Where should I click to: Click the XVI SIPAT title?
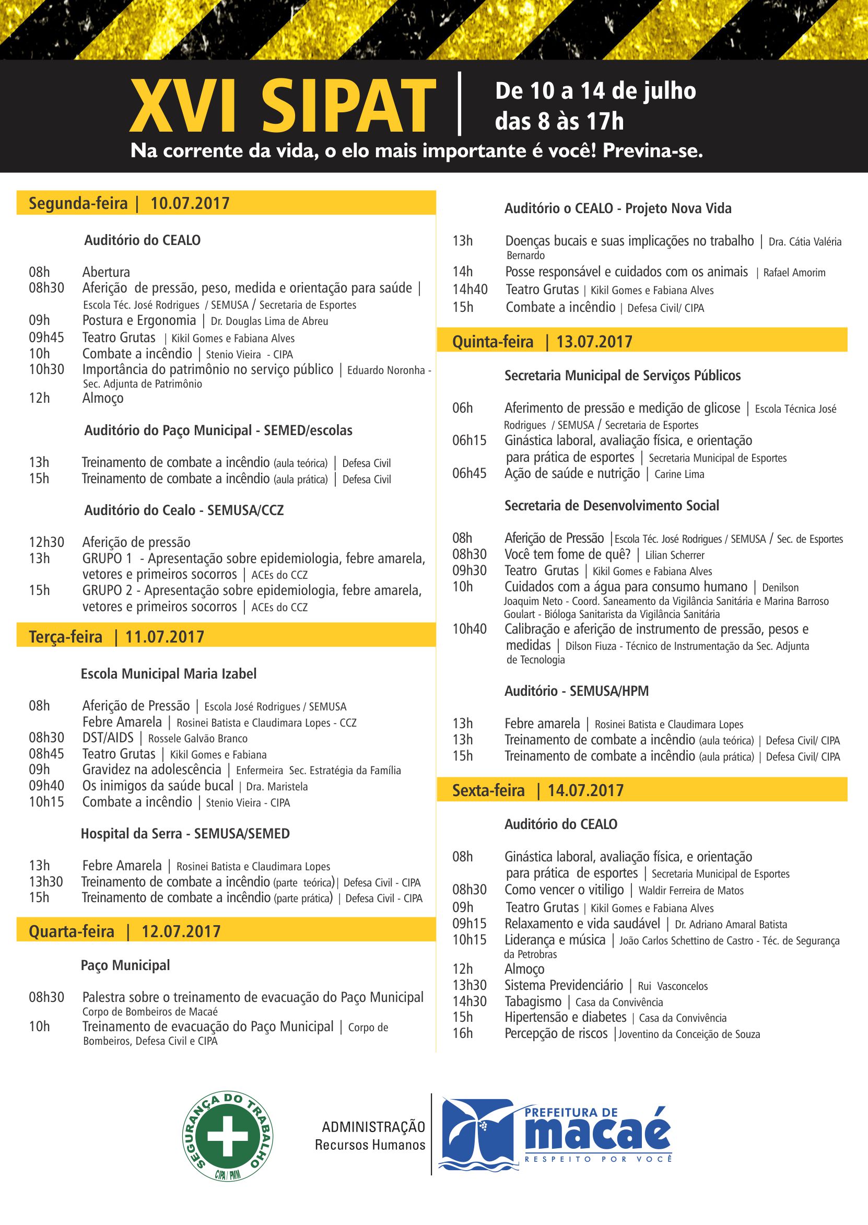click(x=282, y=107)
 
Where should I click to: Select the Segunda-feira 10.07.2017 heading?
click(x=129, y=204)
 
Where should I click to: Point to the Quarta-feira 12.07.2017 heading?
click(x=124, y=931)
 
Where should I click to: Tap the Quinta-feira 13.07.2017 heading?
click(x=542, y=342)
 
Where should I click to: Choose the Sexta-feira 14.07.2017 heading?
click(x=538, y=790)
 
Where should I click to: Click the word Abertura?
click(x=106, y=272)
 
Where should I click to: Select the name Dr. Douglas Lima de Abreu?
click(x=269, y=321)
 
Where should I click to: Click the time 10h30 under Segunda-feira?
click(x=46, y=369)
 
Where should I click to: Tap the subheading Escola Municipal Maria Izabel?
click(x=168, y=674)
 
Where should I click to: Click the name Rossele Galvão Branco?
click(x=198, y=739)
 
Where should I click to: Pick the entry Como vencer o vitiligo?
click(x=564, y=890)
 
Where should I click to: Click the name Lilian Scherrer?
click(x=675, y=555)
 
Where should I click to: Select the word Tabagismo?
click(x=533, y=1001)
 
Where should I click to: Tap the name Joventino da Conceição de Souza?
click(x=689, y=1034)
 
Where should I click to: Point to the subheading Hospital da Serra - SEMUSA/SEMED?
click(x=185, y=834)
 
